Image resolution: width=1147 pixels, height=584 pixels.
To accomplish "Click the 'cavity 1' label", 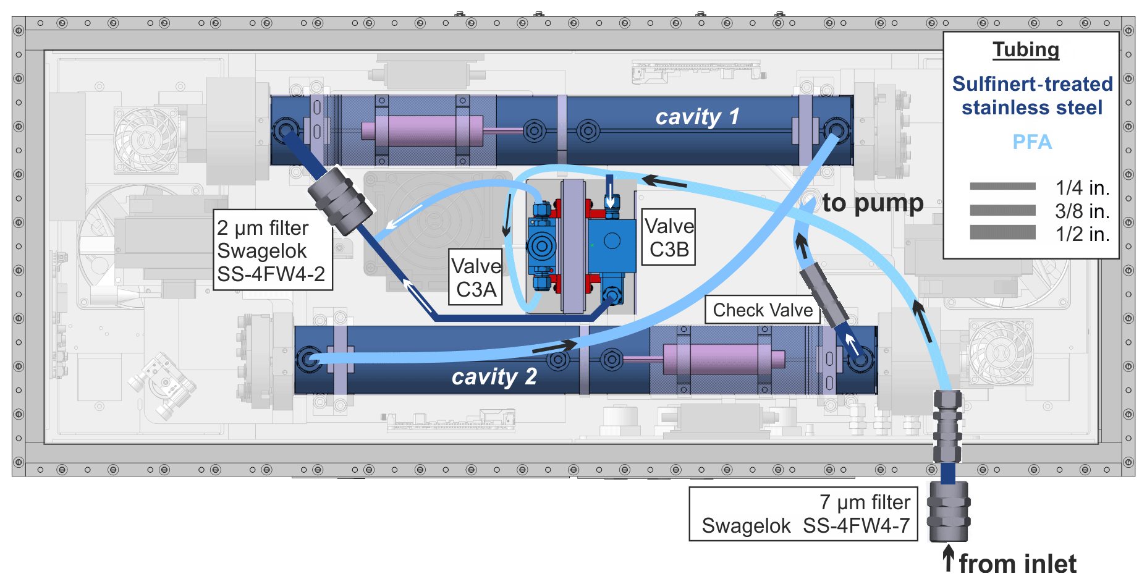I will (696, 117).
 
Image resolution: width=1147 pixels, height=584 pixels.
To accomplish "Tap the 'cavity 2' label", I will (494, 377).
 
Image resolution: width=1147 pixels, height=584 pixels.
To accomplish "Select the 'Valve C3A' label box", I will (475, 277).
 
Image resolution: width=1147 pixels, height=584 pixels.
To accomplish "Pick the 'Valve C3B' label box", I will (669, 237).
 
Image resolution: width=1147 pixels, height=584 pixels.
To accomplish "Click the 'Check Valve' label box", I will (763, 310).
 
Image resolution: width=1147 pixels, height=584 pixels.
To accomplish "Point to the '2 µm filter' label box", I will (272, 250).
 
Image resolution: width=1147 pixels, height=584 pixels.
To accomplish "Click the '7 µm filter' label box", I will (803, 514).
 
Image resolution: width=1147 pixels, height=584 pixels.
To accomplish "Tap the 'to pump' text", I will (873, 203).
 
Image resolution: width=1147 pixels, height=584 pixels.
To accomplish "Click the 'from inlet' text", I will (1017, 564).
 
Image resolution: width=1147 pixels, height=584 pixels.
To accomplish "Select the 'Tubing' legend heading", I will (1026, 50).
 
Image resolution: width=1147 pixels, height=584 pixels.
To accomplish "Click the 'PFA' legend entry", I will (1031, 142).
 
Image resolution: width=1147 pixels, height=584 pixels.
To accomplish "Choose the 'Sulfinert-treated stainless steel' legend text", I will (1031, 96).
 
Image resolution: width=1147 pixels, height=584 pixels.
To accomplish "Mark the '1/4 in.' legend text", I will (1082, 187).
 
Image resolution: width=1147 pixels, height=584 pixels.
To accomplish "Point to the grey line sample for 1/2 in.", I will (1002, 232).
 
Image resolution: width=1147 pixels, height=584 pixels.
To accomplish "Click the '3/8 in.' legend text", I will (1082, 211).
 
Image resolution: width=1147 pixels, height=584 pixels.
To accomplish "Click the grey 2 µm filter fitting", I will (340, 200).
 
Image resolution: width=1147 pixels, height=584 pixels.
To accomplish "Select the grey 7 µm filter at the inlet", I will (949, 512).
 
